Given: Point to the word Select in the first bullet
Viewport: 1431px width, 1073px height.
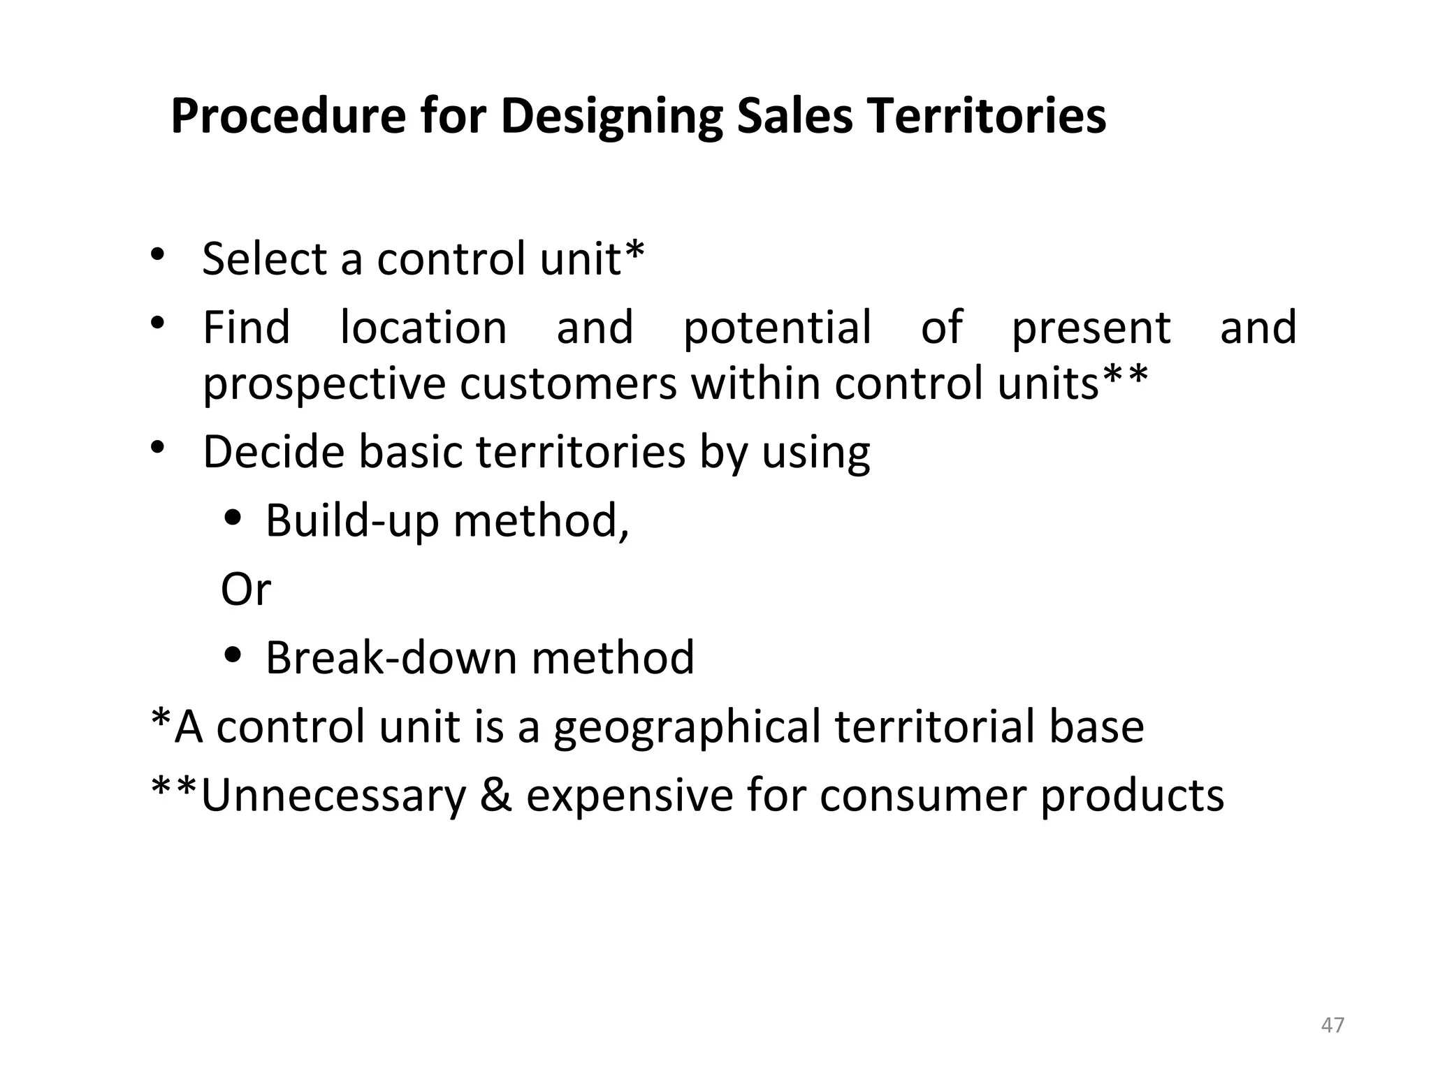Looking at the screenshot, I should click(265, 258).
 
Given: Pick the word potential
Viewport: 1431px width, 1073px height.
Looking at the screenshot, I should click(778, 328).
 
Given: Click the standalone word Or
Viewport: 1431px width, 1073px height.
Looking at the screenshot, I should click(245, 589).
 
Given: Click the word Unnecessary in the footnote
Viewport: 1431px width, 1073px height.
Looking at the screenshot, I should click(333, 796).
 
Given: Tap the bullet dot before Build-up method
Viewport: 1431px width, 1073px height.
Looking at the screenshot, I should click(234, 519).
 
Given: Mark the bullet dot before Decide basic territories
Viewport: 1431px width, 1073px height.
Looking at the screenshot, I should click(158, 447).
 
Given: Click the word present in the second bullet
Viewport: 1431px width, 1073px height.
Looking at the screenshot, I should click(1091, 328).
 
